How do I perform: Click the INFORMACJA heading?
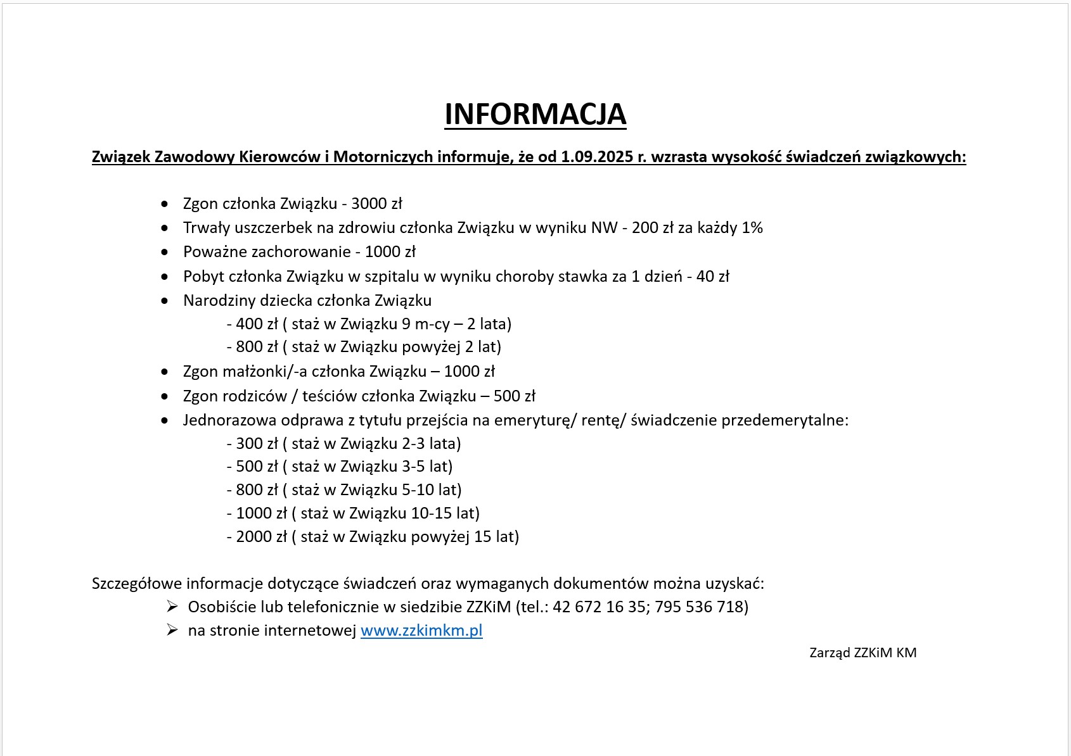point(535,115)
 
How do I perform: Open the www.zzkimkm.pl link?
point(421,631)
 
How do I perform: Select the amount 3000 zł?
point(376,204)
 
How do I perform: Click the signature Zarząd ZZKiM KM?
point(863,653)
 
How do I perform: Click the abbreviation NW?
point(604,228)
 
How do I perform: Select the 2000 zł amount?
point(262,537)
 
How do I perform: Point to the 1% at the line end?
point(752,228)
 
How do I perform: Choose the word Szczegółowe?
point(136,583)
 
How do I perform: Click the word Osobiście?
point(222,607)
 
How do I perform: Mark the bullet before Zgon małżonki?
point(165,372)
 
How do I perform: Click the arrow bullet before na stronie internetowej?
point(172,630)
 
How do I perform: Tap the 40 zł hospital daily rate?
point(712,277)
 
